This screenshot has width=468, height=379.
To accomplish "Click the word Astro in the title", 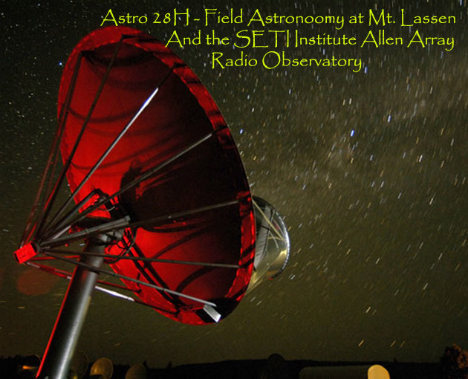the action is click(x=124, y=19).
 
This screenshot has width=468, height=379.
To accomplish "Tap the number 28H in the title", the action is click(x=171, y=19).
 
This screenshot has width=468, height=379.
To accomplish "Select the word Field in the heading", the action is click(x=224, y=18).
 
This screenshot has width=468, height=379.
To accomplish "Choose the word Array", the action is click(x=431, y=41).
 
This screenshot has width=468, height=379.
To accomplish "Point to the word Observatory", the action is click(x=312, y=62).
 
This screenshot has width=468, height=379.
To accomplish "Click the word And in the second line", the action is click(x=183, y=39).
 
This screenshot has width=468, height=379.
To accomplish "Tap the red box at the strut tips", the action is click(x=25, y=253).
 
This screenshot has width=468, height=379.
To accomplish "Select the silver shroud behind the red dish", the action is click(x=270, y=239).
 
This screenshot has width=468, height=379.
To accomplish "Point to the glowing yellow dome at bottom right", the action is click(x=378, y=372).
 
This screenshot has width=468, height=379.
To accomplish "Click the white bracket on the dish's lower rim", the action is click(x=212, y=313).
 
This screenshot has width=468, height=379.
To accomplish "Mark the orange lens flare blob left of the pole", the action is click(x=36, y=282).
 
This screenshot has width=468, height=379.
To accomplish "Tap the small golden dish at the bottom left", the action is click(x=102, y=368).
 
